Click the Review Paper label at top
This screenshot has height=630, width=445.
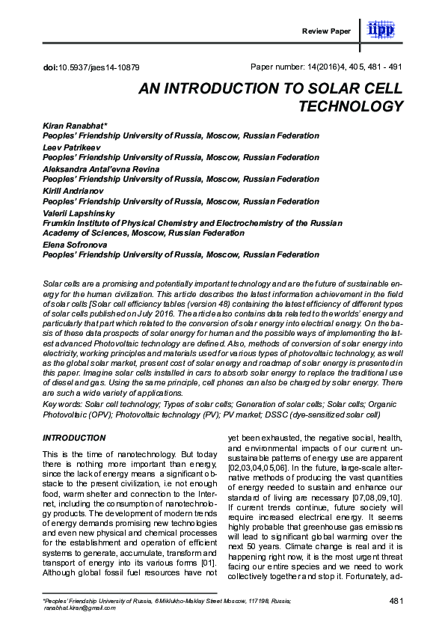pos(325,31)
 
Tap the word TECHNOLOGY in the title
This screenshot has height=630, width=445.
pos(351,106)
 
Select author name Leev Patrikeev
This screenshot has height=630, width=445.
pos(73,148)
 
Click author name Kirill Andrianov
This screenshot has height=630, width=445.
pos(73,192)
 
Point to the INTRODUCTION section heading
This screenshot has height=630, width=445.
pos(73,437)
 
